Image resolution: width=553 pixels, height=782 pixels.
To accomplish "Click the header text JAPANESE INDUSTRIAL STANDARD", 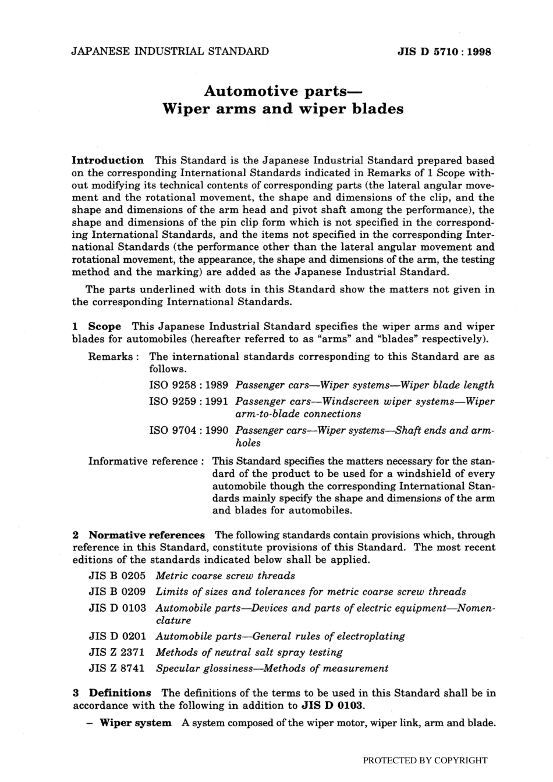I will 170,51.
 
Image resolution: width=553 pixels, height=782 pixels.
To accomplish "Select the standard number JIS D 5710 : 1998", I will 444,52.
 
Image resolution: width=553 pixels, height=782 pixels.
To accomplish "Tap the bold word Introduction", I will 108,160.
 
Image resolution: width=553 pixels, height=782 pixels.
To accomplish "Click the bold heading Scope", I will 105,326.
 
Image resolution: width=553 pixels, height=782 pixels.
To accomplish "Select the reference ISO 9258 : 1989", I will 189,385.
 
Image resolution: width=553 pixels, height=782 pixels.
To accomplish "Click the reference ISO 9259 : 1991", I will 189,401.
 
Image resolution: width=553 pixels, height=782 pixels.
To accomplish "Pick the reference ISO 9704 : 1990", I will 189,430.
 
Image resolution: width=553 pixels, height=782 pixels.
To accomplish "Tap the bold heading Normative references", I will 147,535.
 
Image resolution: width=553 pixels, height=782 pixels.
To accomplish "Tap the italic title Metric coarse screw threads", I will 225,576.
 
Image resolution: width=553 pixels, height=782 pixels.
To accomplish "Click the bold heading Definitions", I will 120,692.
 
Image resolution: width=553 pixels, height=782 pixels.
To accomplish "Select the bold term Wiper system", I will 136,723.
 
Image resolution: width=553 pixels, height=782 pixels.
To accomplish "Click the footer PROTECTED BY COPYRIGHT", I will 425,760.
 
